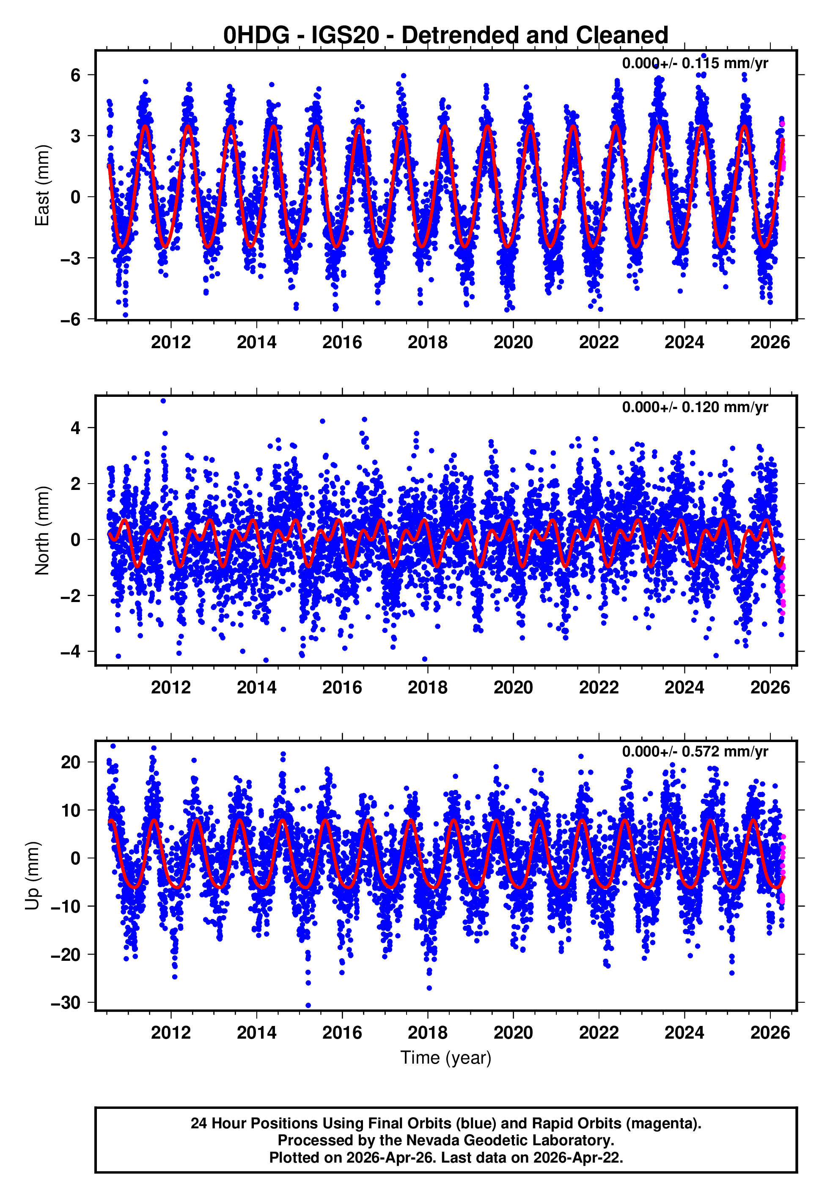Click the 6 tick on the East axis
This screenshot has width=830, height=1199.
point(76,75)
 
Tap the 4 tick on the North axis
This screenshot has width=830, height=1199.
point(76,428)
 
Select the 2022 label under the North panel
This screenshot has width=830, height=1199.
point(598,688)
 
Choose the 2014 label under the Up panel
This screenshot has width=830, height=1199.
point(256,1033)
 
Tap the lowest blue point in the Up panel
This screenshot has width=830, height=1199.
point(308,1006)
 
